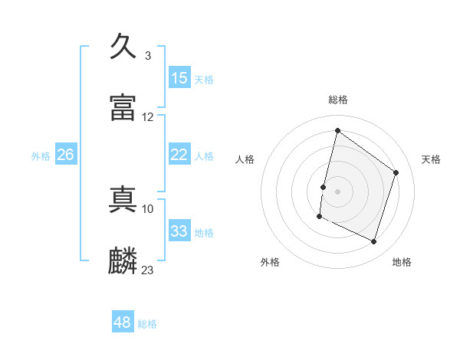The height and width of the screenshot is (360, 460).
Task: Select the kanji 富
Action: (x=123, y=108)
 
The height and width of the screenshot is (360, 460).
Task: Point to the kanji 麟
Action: (x=123, y=260)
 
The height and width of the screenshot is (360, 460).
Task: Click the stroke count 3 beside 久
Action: (x=147, y=56)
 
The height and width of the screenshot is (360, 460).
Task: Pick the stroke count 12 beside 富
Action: (x=148, y=117)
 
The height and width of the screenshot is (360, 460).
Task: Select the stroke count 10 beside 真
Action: (x=148, y=208)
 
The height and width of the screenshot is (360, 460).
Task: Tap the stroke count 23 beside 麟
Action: (x=148, y=270)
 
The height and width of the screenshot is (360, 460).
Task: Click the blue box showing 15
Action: (x=179, y=78)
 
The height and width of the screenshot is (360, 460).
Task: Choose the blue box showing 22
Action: (x=179, y=155)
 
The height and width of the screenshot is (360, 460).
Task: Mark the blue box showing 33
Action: (x=179, y=231)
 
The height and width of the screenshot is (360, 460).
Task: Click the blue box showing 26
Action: (x=65, y=155)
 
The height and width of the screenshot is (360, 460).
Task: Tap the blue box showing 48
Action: (x=122, y=322)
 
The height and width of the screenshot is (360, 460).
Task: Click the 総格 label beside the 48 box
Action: (x=147, y=324)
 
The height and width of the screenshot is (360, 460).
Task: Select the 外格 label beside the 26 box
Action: (x=41, y=156)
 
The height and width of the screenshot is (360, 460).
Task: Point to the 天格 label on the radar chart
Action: (x=431, y=159)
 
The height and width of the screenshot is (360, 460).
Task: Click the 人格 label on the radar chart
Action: (x=245, y=159)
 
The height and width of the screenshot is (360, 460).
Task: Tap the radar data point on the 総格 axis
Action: (x=337, y=130)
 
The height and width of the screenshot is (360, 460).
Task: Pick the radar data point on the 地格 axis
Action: (x=373, y=242)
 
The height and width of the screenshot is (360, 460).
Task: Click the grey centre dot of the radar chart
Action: (x=337, y=191)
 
